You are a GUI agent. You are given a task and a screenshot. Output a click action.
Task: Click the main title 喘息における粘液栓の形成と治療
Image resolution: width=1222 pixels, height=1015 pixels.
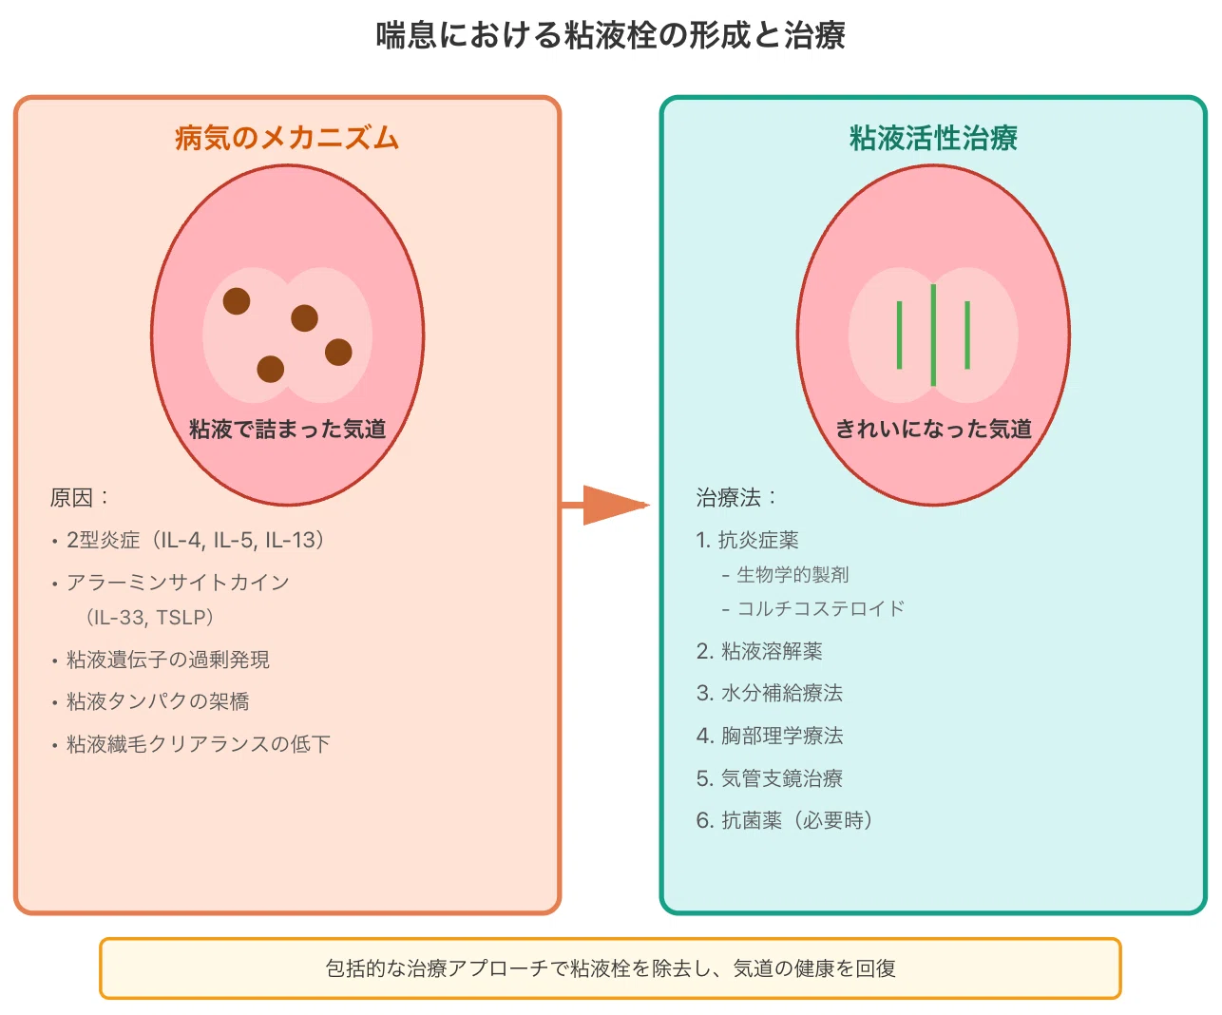[610, 35]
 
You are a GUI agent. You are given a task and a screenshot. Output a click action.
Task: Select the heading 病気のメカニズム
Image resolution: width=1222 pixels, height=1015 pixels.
[287, 138]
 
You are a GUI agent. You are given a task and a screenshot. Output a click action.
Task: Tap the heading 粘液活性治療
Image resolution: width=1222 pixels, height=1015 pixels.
[933, 138]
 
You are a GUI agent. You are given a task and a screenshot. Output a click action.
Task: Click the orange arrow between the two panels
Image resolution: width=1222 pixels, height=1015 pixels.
[605, 505]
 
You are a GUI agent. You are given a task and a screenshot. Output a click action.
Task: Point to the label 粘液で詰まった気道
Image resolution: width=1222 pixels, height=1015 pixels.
[287, 429]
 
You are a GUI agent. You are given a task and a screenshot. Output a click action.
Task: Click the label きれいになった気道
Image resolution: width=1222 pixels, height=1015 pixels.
[933, 429]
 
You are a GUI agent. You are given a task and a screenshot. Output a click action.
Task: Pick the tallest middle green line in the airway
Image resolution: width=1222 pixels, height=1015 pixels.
[933, 335]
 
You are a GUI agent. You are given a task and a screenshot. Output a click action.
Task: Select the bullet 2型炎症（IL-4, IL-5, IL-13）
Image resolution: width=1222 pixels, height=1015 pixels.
[187, 540]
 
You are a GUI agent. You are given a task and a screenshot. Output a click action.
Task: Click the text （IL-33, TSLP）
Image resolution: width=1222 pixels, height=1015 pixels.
[149, 617]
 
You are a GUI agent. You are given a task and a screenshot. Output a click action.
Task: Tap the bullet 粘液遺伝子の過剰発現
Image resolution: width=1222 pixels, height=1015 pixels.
[161, 660]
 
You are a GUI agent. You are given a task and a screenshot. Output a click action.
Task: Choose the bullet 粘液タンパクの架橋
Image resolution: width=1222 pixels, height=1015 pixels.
[150, 701]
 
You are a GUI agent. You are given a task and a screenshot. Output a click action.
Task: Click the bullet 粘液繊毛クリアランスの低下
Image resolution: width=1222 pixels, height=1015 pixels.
[191, 744]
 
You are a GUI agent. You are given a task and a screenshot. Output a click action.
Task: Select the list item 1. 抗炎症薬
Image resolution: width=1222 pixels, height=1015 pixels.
[748, 540]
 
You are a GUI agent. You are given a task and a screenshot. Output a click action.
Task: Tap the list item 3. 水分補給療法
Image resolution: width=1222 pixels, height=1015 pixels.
[770, 693]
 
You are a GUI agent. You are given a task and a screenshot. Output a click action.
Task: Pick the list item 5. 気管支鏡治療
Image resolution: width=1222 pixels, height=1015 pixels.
[770, 778]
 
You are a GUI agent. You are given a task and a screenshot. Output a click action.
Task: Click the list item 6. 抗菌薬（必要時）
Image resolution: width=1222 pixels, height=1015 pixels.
[785, 820]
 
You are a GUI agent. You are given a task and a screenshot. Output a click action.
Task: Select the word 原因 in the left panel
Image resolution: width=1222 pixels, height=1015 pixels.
[71, 498]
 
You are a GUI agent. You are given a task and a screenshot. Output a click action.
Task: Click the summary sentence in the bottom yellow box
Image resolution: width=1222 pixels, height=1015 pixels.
[610, 968]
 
